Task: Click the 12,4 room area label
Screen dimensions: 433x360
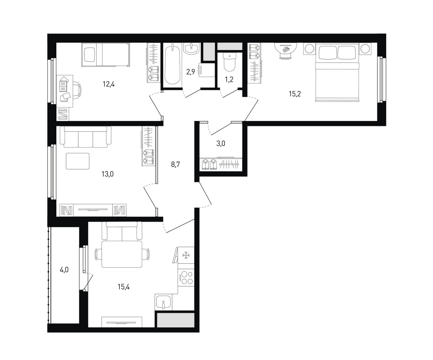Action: click(109, 84)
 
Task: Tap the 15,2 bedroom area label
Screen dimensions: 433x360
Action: click(295, 94)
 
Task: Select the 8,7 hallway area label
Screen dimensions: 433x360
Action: click(175, 165)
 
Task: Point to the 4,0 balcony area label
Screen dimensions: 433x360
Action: click(64, 270)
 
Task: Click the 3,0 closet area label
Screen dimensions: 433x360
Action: click(221, 143)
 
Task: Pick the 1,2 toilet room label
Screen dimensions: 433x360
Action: click(229, 79)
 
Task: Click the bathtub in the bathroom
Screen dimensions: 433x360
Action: click(172, 65)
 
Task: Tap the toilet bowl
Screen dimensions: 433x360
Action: click(230, 62)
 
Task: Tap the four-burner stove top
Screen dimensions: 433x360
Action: click(186, 278)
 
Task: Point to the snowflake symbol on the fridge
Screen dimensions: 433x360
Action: click(186, 255)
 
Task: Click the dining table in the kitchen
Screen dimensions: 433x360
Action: click(122, 254)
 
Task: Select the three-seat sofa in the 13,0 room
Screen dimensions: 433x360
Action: click(86, 137)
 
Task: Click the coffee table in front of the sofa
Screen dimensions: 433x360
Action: click(78, 161)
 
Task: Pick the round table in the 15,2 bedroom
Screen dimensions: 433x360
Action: click(286, 49)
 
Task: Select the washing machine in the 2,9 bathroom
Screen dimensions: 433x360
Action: click(206, 70)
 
